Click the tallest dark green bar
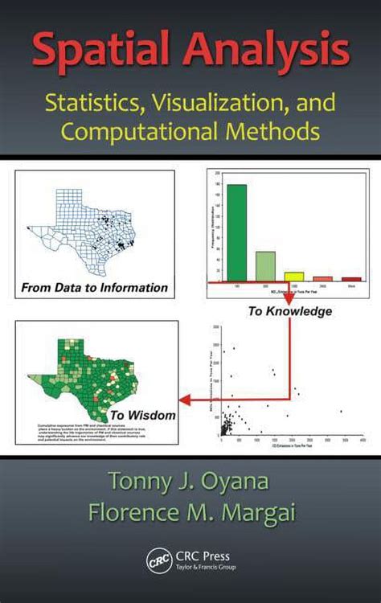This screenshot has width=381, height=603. click(x=236, y=232)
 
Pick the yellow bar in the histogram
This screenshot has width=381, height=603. click(x=294, y=276)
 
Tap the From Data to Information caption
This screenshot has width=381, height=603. click(x=95, y=287)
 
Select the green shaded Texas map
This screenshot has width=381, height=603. click(x=80, y=374)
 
